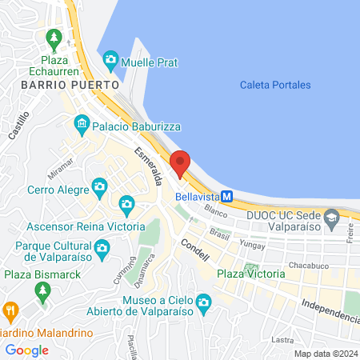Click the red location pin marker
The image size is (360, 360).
tap(181, 163)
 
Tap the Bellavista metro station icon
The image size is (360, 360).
tap(227, 195)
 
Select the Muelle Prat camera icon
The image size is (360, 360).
tap(110, 60)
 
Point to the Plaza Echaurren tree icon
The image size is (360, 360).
tap(54, 37)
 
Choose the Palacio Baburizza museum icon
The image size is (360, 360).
tap(82, 124)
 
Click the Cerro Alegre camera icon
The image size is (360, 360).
tap(100, 188)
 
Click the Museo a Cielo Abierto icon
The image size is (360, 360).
tap(203, 302)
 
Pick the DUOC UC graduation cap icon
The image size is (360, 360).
tap(331, 216)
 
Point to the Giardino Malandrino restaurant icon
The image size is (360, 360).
tap(10, 310)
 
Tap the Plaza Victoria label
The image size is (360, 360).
tap(251, 274)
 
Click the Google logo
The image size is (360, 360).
tap(27, 350)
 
